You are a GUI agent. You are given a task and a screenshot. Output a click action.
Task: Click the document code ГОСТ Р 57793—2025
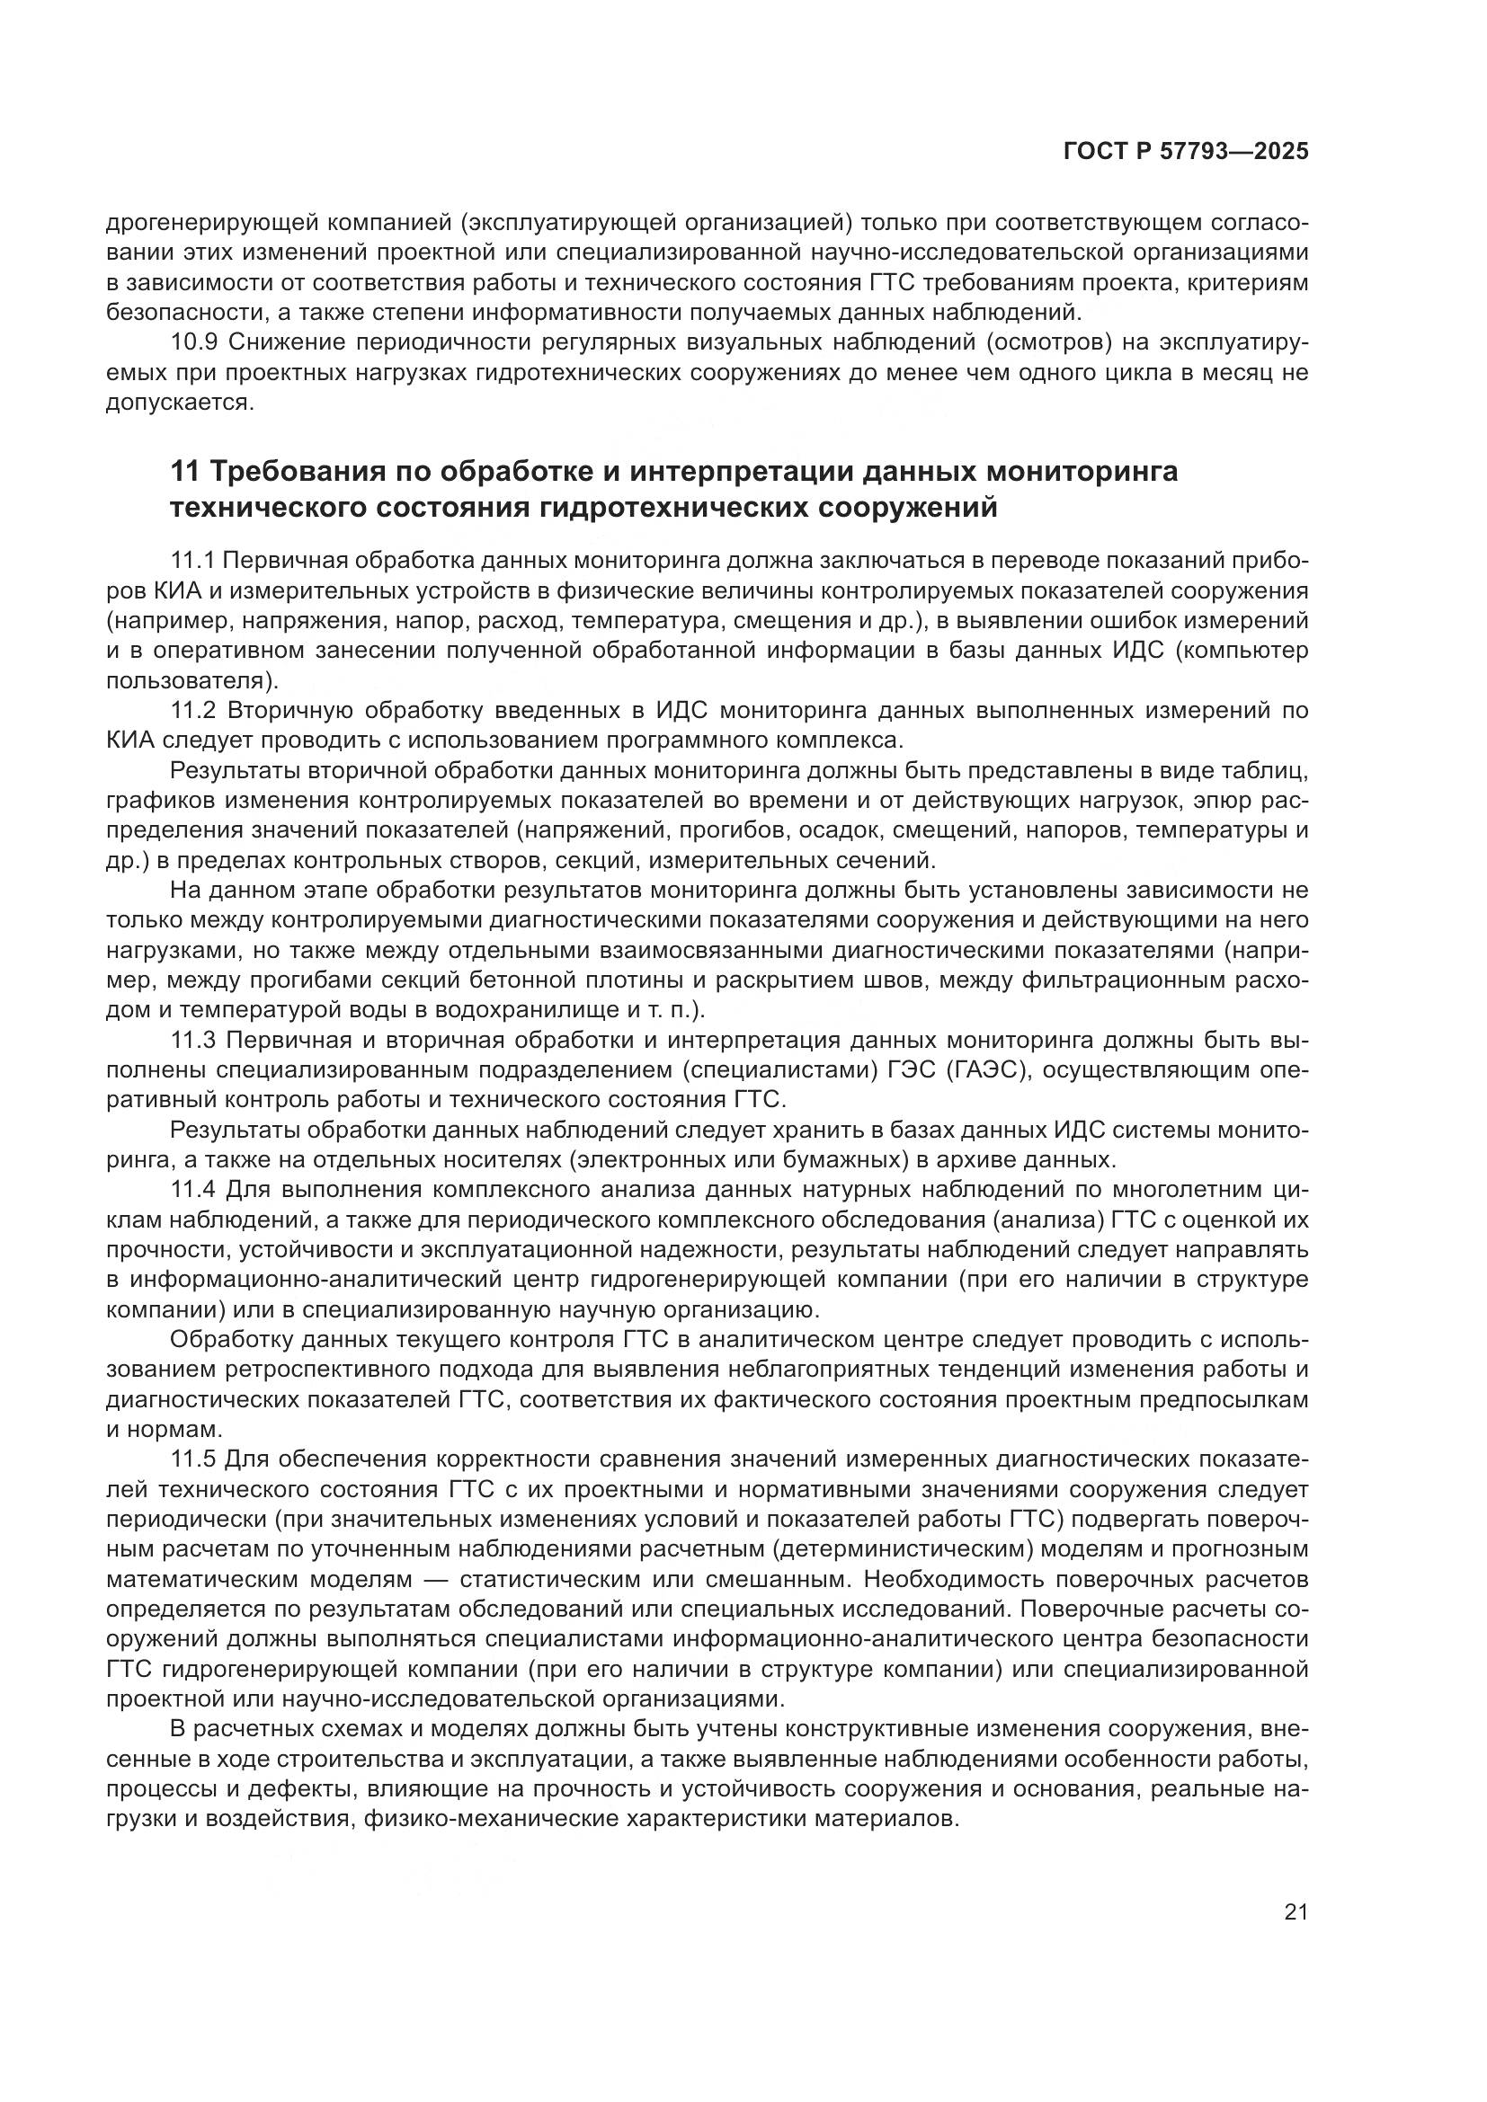(1185, 152)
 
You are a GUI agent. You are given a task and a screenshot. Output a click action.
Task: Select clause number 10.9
(194, 342)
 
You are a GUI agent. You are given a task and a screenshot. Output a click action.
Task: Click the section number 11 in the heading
(184, 473)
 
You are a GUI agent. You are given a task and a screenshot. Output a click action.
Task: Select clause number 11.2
(194, 710)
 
